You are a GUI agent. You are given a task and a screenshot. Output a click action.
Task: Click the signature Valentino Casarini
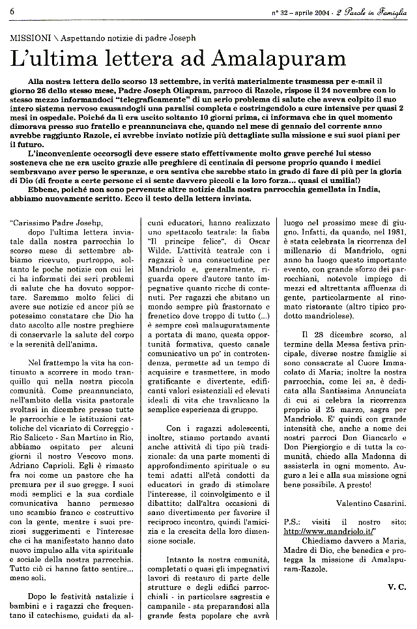(372, 503)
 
